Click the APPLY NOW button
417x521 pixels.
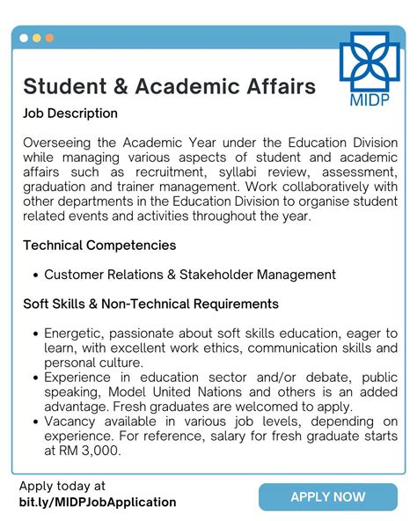pos(327,496)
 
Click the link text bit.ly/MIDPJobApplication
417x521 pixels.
pos(97,502)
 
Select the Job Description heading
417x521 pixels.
pos(70,114)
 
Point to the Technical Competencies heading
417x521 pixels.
pos(99,245)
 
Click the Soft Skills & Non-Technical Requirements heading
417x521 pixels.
pos(150,304)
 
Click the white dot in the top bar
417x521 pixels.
pos(24,38)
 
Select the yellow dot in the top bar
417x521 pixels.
pos(36,38)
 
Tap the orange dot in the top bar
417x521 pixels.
pos(49,38)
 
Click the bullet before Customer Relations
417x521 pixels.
pos(35,275)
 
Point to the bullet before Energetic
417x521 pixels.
pos(35,334)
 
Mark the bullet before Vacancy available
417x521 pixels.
pos(35,422)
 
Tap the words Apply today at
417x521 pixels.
pos(62,486)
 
